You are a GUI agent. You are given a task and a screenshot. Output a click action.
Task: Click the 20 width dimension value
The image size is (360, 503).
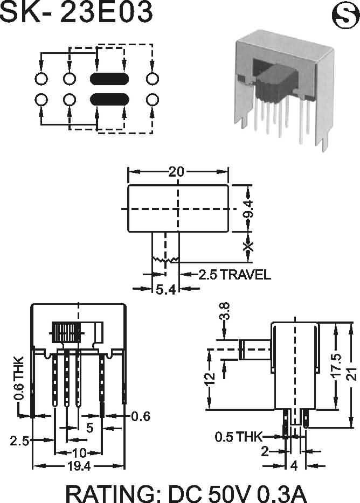(x=176, y=172)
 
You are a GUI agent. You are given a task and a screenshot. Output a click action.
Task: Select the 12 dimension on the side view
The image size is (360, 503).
(x=211, y=379)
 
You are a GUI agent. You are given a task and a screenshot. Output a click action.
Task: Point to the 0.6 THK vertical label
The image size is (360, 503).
(x=19, y=378)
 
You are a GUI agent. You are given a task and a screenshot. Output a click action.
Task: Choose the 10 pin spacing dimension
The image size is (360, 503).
(x=79, y=452)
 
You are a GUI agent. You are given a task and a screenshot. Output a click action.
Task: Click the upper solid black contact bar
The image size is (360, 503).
(x=109, y=79)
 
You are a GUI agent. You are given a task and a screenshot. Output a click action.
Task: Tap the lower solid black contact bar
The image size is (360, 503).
(x=109, y=99)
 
